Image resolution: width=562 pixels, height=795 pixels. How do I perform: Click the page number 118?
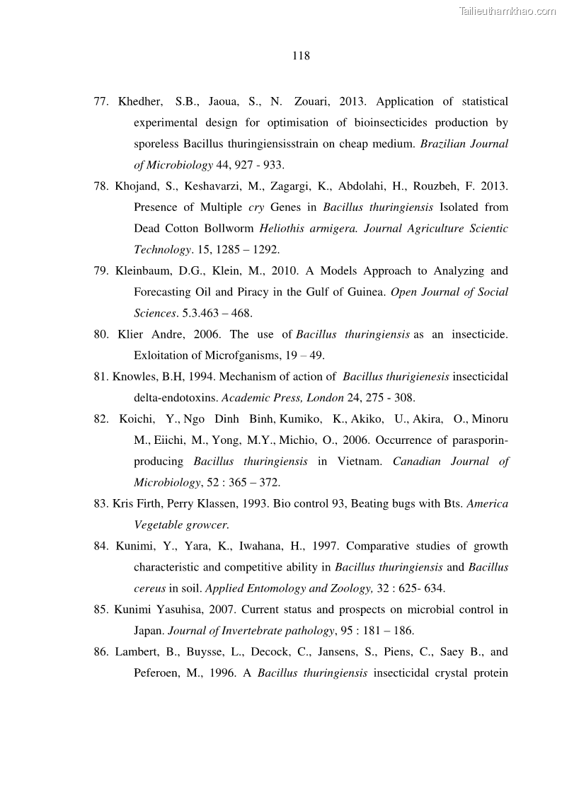coord(301,55)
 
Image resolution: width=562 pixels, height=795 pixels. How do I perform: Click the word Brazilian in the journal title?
coord(443,144)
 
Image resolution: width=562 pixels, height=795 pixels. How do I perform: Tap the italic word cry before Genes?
coord(256,208)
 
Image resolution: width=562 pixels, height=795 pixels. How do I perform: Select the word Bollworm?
coord(230,229)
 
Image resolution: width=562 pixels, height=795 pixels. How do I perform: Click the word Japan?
coord(149,631)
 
